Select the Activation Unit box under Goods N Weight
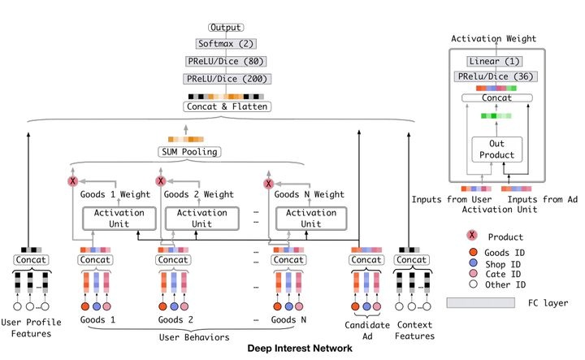coord(308,219)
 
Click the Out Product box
coord(495,150)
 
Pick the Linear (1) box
coord(495,62)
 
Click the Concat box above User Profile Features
coord(29,259)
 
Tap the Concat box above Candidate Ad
coord(366,259)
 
